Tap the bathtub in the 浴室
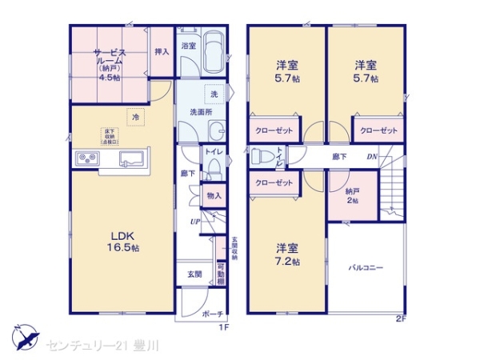click(x=213, y=55)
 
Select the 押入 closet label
click(x=162, y=53)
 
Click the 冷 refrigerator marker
click(x=136, y=118)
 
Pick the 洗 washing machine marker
click(x=214, y=94)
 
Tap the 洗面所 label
click(x=200, y=112)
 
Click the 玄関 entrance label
click(x=194, y=274)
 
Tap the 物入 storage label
click(x=214, y=195)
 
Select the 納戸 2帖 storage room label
click(x=353, y=195)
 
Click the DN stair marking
click(x=372, y=156)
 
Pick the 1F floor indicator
click(x=225, y=327)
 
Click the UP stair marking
click(x=194, y=220)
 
